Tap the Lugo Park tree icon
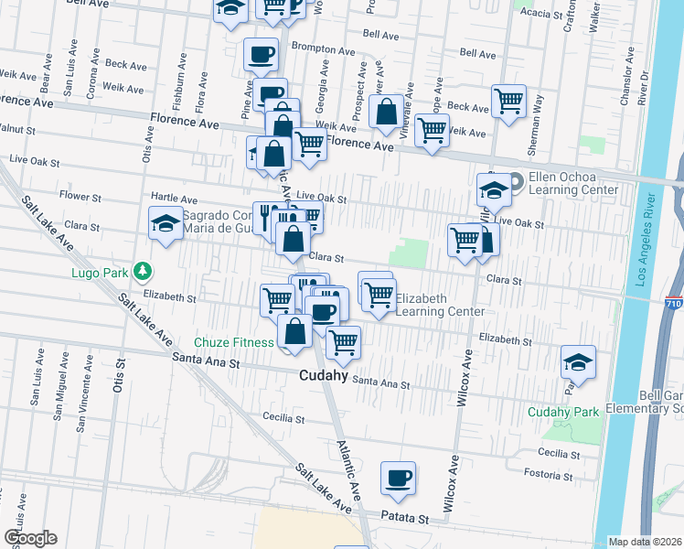(143, 271)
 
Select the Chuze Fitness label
(233, 342)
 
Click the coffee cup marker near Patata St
(398, 479)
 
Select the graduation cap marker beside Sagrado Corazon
(166, 223)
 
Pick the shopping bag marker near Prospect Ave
(387, 113)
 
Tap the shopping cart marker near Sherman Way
(508, 102)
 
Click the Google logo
(30, 538)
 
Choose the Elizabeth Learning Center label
(440, 306)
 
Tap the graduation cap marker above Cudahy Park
(579, 362)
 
